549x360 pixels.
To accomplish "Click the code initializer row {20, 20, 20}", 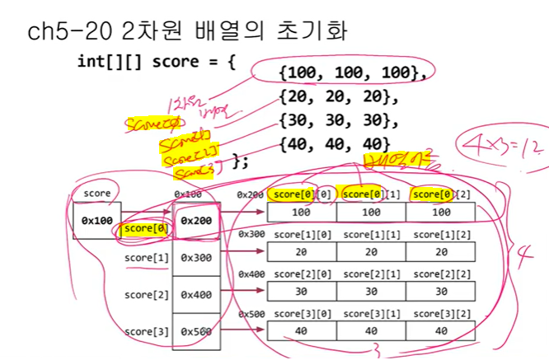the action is pyautogui.click(x=337, y=98).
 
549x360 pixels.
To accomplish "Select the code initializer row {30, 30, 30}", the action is pyautogui.click(x=337, y=121).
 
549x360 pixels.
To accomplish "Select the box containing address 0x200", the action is pyautogui.click(x=196, y=221).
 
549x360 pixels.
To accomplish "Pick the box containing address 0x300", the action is pyautogui.click(x=196, y=258).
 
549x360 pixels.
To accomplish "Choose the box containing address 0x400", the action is pyautogui.click(x=196, y=294).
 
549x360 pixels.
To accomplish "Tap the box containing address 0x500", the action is pyautogui.click(x=196, y=331).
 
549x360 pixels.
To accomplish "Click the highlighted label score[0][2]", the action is pyautogui.click(x=439, y=194).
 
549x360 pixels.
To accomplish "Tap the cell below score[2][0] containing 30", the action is pyautogui.click(x=301, y=292).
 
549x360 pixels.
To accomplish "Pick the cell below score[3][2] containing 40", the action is pyautogui.click(x=440, y=330).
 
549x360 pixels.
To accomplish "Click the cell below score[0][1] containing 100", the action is pyautogui.click(x=371, y=213).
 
